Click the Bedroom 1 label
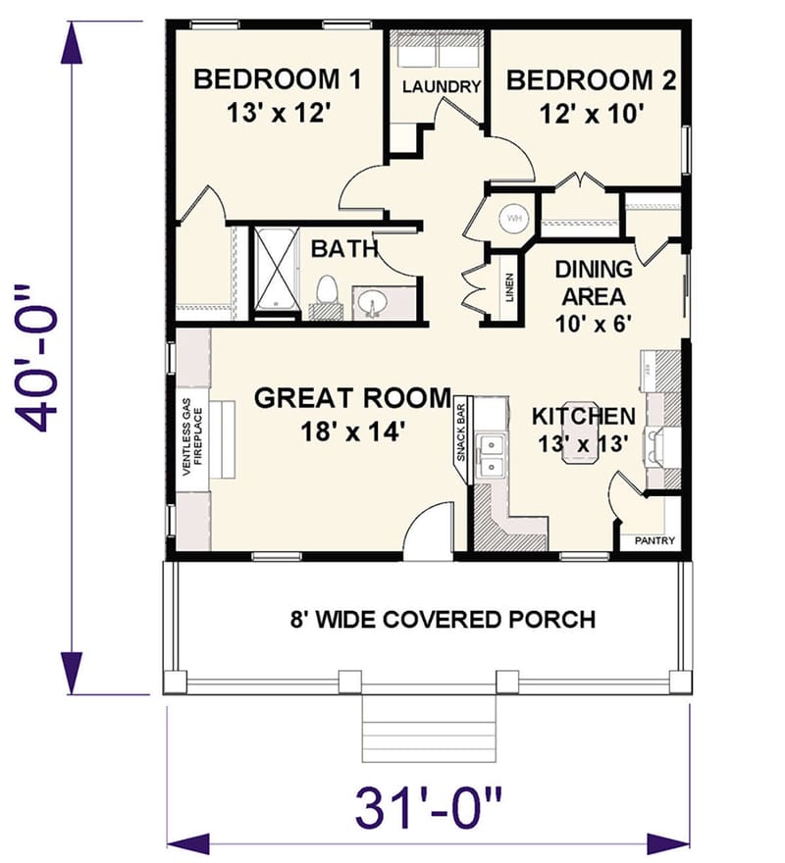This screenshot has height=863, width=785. coord(278,78)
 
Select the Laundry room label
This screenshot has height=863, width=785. coord(442,86)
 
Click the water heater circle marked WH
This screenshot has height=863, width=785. coord(515,218)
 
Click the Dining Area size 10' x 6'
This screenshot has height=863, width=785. coord(592,320)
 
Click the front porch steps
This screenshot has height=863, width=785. coord(429,725)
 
